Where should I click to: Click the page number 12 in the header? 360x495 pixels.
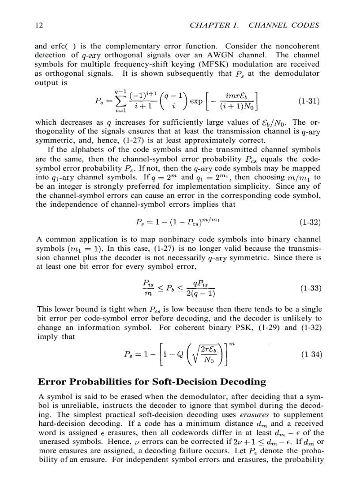tap(38, 25)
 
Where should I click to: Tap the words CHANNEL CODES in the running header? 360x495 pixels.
tap(284, 25)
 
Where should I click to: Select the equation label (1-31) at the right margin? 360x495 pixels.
tap(309, 101)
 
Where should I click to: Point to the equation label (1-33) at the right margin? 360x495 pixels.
tap(309, 289)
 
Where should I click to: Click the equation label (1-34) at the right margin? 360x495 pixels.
tap(309, 354)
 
